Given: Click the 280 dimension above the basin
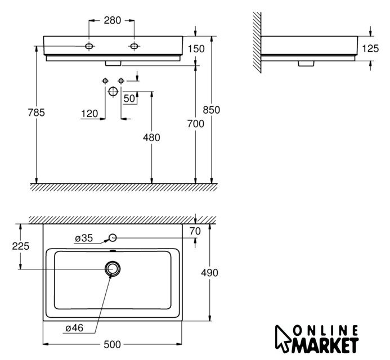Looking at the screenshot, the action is point(113,20).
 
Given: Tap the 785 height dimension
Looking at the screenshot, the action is point(37,112).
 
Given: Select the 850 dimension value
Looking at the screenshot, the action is point(212,110).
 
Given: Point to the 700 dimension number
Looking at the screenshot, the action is point(196,124).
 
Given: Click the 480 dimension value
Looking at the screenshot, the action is point(151,137).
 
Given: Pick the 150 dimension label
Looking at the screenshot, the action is point(196,49).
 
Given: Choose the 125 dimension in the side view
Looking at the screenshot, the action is point(370,48).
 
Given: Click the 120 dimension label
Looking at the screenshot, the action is point(89,114).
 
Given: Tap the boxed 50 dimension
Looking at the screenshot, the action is point(129,98).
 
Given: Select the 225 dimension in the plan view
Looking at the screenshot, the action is point(21,246).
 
